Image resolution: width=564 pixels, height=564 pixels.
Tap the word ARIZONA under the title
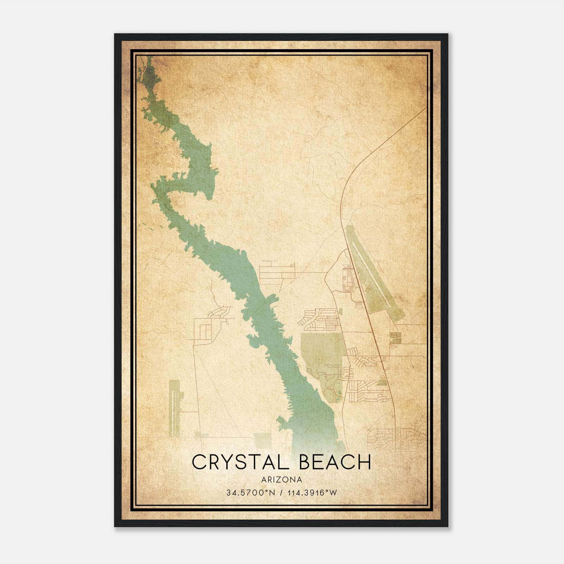(282, 480)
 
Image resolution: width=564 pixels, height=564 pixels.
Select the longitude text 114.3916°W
(312, 493)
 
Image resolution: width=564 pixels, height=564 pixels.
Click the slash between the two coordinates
(281, 493)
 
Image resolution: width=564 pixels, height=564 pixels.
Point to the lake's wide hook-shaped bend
(197, 169)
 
